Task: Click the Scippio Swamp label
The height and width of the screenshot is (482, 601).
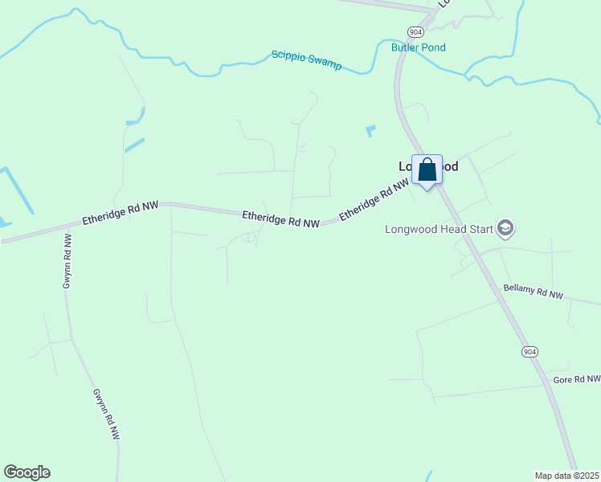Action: [306, 59]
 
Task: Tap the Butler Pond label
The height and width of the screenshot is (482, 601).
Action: [418, 47]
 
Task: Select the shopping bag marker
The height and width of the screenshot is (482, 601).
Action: [427, 170]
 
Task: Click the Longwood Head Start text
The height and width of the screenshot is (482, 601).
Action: [439, 229]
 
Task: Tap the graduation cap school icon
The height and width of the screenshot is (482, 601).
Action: [505, 229]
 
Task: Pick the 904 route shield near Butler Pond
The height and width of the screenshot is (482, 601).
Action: [415, 31]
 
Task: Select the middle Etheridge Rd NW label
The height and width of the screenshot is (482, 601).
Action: [281, 218]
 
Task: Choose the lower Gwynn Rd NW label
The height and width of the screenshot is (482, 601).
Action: [105, 414]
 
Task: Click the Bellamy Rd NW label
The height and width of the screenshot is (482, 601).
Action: [533, 291]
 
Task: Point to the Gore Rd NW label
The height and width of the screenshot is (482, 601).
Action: [576, 378]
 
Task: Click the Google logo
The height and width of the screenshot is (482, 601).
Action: [27, 472]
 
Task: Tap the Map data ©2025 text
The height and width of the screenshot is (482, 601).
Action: [566, 475]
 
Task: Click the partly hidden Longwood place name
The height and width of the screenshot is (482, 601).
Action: [428, 166]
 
